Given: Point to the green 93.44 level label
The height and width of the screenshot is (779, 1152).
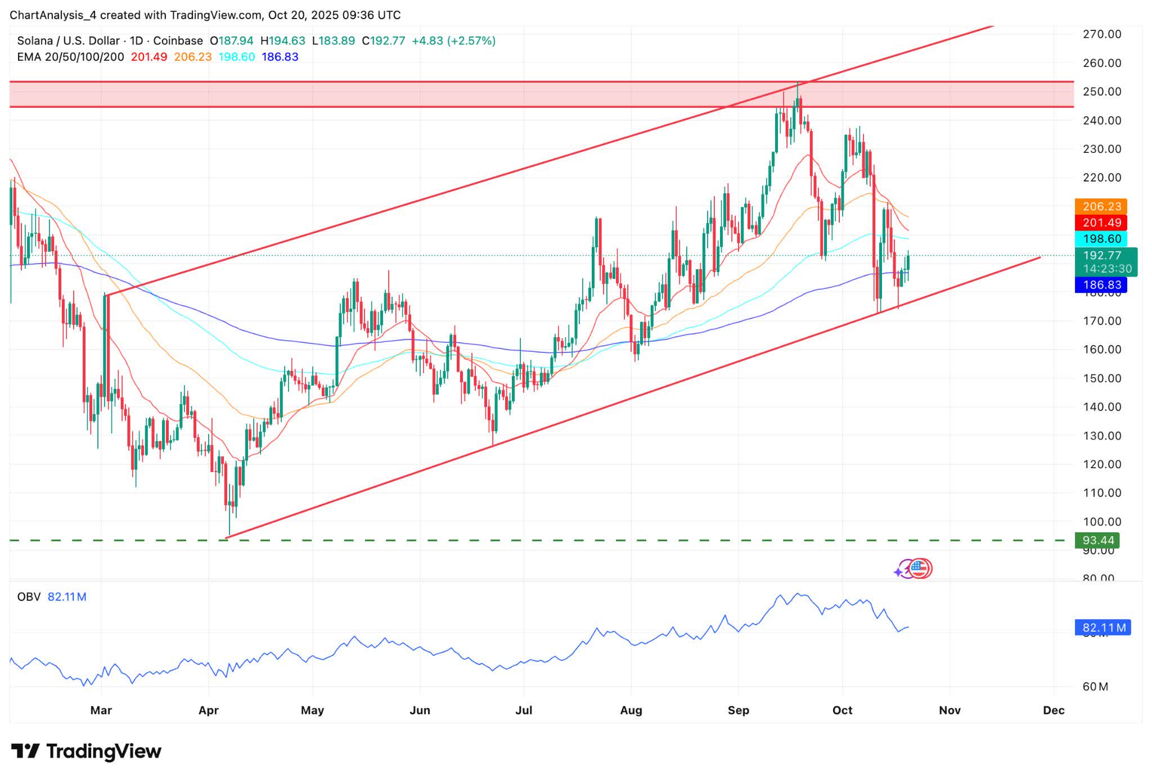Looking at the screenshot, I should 1097,541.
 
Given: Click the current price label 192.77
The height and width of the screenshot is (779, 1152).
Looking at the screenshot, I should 1102,256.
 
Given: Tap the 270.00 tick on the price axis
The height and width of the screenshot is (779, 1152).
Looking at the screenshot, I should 1102,34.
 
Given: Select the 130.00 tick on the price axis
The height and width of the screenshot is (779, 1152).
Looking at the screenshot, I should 1102,436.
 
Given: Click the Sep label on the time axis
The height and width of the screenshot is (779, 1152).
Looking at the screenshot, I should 738,710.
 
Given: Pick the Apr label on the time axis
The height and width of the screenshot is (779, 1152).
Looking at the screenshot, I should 208,710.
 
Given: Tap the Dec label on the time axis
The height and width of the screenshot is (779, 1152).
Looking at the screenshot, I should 1053,710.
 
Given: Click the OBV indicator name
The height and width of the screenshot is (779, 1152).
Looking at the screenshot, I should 29,597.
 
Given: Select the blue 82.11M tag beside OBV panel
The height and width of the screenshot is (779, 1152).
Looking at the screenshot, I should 1103,628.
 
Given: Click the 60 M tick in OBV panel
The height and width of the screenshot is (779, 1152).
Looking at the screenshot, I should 1095,687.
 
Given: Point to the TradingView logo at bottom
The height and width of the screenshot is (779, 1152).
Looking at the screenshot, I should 86,751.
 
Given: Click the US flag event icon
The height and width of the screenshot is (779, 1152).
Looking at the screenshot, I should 919,569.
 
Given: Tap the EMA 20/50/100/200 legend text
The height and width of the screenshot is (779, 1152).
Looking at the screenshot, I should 70,57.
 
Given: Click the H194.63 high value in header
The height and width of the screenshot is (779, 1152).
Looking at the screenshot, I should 282,41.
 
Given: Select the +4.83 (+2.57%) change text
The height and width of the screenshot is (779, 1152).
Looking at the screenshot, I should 453,41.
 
